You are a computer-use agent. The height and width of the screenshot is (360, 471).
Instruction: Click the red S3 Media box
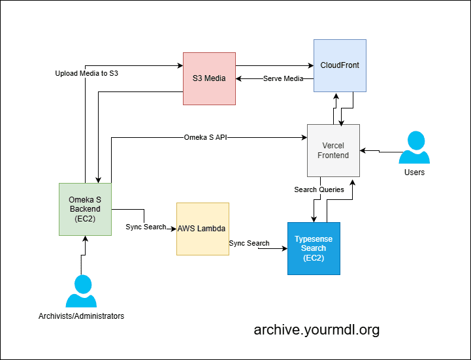(208, 78)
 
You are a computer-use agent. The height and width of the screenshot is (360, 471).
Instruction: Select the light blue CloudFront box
(340, 65)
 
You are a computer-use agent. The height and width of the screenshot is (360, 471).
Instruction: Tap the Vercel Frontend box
(333, 150)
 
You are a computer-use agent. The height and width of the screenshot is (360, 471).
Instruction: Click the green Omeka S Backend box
(84, 208)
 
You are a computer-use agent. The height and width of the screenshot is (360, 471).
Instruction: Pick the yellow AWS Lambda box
(202, 229)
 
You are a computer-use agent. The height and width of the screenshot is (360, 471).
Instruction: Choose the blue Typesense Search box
(314, 248)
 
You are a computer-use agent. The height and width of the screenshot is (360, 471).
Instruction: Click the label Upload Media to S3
(86, 74)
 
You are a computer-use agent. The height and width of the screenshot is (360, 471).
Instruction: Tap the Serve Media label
(283, 79)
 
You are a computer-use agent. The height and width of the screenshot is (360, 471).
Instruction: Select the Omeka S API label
(205, 138)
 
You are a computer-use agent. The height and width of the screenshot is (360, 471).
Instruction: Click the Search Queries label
(319, 190)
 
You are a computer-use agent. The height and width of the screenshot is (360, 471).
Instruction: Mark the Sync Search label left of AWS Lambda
(145, 227)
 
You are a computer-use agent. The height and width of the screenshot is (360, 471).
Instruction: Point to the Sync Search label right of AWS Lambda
(249, 243)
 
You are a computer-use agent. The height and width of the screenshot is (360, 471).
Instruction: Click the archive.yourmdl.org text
(316, 330)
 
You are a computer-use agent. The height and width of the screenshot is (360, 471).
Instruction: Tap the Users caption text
(414, 172)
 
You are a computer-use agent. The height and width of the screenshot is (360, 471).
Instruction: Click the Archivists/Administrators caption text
(81, 316)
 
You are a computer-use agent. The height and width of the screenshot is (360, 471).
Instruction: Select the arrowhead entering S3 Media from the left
(179, 65)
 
